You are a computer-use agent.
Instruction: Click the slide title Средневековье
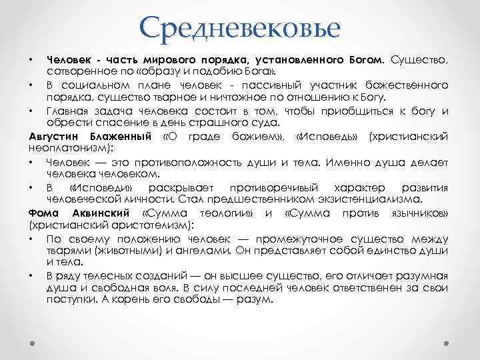[240, 29]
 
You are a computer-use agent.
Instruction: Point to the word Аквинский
[97, 213]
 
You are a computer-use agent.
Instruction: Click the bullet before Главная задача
[31, 111]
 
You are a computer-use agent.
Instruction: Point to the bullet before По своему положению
[31, 238]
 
